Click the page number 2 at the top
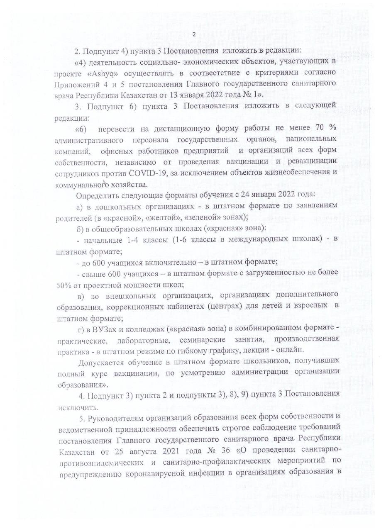pyautogui.click(x=194, y=34)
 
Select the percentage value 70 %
pyautogui.click(x=327, y=127)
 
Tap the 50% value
pyautogui.click(x=64, y=285)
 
